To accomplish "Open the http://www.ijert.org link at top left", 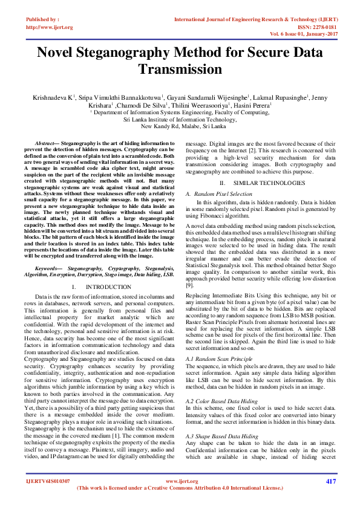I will coord(49,27).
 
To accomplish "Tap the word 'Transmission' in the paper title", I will coord(180,70).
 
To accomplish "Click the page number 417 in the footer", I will coord(330,481).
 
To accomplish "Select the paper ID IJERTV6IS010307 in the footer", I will coord(48,481).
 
